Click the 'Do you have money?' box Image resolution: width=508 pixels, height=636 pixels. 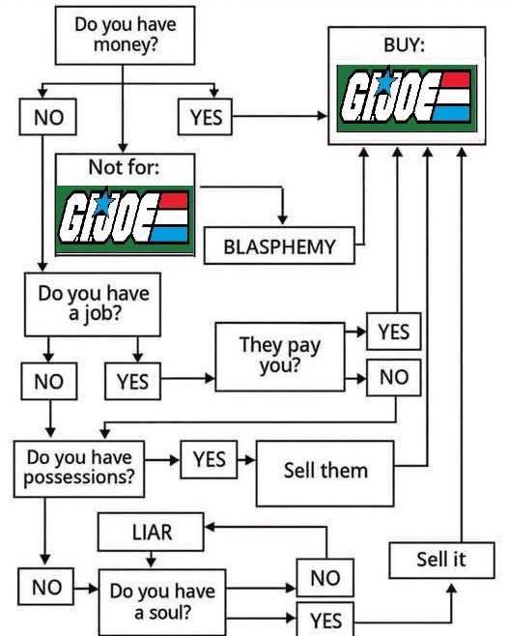point(125,36)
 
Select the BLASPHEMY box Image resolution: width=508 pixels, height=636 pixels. point(279,246)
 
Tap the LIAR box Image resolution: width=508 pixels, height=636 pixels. point(151,532)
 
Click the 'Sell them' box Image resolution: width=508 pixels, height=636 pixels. point(325,474)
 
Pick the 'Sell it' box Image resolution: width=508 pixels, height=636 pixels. point(441,561)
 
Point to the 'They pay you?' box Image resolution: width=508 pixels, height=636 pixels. point(280,357)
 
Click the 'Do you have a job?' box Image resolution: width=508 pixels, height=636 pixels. point(93,304)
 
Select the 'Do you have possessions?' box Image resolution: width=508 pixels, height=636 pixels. point(79,469)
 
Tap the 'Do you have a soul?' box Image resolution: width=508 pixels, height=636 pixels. point(162,602)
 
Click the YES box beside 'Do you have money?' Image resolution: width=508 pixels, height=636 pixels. point(205,117)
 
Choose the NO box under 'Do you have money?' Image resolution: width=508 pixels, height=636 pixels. point(48,117)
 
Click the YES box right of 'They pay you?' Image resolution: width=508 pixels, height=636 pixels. point(394,332)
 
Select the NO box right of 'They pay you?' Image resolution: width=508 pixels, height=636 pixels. point(394,377)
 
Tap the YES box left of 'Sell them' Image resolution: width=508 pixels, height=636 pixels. point(209,459)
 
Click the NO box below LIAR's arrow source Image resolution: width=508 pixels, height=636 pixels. point(325,578)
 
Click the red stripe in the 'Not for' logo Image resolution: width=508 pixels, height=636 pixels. point(174,201)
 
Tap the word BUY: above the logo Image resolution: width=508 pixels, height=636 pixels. point(404,44)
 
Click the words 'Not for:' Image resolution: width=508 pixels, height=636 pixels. point(124,166)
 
